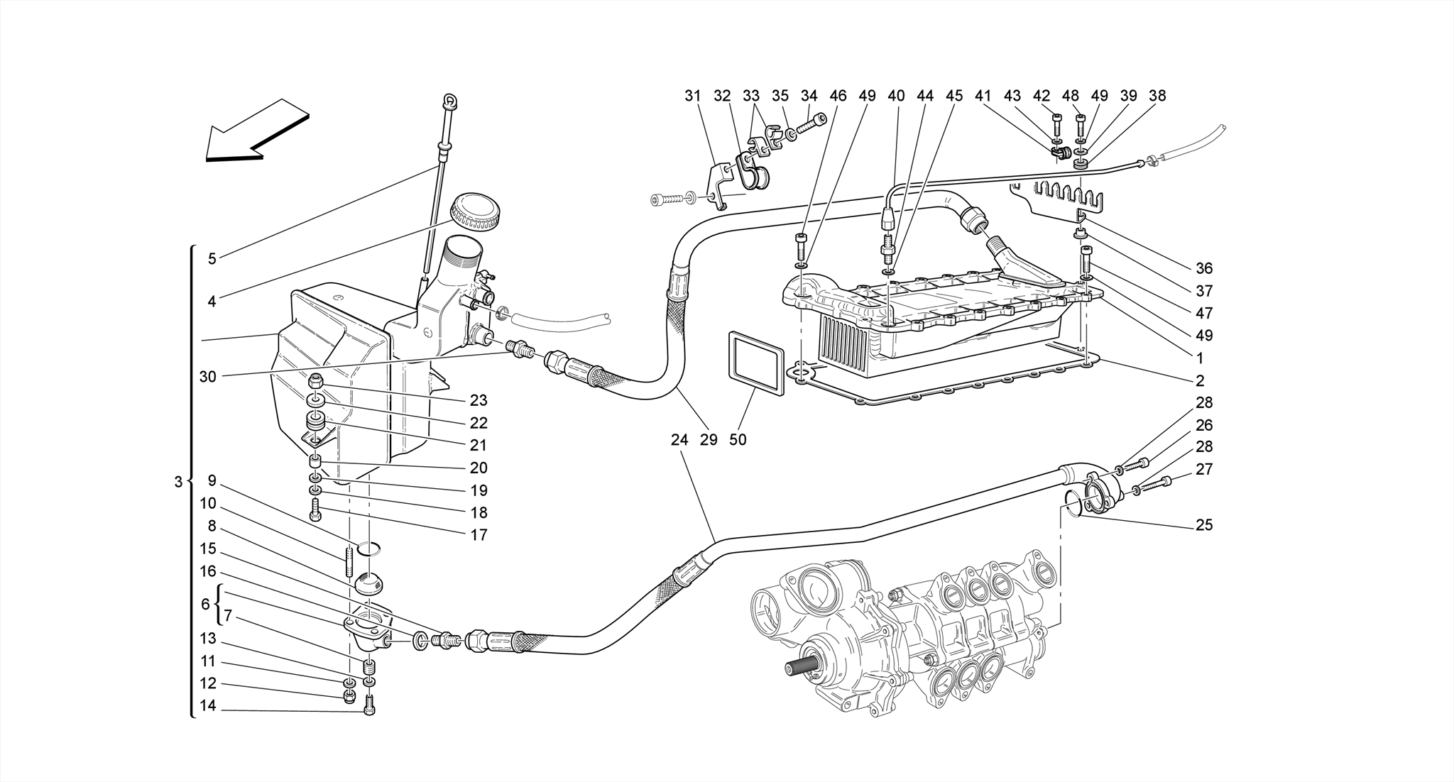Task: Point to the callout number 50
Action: (738, 440)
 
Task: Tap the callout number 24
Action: (679, 440)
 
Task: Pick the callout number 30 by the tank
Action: (207, 377)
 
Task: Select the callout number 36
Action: (1204, 268)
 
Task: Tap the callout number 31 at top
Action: (692, 96)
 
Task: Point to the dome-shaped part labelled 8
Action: (368, 585)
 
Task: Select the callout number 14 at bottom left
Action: (207, 706)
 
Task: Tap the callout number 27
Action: (1204, 469)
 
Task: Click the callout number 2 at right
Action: (1200, 380)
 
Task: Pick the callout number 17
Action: (479, 535)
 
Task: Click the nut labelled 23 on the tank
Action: (317, 382)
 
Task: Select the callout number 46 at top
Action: (838, 96)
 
